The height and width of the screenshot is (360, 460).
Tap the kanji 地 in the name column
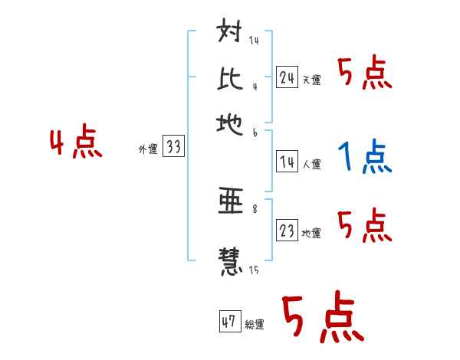pos(231,123)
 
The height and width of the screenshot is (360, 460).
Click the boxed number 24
pos(287,77)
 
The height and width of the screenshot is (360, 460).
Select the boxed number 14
pos(287,162)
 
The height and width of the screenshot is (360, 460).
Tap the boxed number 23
pos(287,231)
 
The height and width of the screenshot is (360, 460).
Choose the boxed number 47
pos(229,322)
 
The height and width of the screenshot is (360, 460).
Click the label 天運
pos(311,80)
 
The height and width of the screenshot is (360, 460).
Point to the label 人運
pos(311,164)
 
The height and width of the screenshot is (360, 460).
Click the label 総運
pos(254,325)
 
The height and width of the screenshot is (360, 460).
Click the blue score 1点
pos(364,158)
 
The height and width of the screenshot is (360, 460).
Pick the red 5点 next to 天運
pos(364,74)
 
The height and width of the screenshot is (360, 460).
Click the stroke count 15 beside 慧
pos(253,270)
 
